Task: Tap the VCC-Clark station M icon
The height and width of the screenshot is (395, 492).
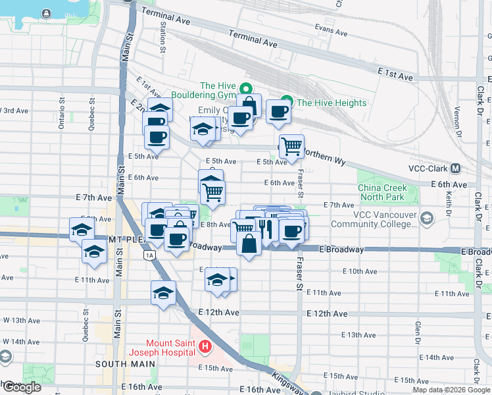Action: tap(455, 168)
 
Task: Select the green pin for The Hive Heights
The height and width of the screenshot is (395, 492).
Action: tap(285, 103)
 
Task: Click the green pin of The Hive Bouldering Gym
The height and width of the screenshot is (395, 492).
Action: tap(245, 89)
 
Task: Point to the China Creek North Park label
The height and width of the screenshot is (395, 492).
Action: tap(382, 192)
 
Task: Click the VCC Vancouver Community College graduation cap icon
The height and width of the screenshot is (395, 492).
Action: tap(428, 218)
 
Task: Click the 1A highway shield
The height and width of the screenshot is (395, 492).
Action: tap(151, 255)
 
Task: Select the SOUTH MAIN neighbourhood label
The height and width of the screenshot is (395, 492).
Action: tap(120, 363)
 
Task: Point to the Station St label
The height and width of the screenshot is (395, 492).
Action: tap(162, 36)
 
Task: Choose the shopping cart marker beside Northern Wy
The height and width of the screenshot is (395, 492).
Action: tap(291, 146)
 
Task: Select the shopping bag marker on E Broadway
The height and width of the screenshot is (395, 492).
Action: tap(249, 244)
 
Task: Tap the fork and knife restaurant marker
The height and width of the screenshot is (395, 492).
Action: tap(265, 228)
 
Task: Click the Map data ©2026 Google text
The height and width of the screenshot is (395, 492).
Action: tap(450, 390)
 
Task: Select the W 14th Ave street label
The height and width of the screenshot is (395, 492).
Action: tap(20, 342)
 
